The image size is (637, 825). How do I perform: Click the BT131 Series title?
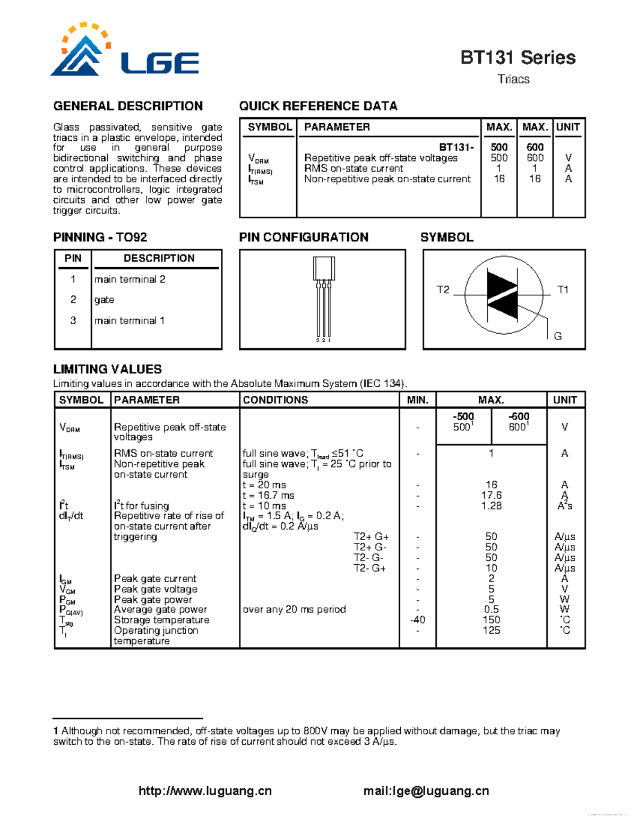tap(518, 57)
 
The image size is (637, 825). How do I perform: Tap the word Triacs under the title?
tap(513, 79)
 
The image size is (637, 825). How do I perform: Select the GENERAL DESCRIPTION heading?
tap(128, 106)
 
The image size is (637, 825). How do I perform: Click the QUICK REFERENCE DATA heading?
tap(318, 106)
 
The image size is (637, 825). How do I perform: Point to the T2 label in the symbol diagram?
tap(443, 290)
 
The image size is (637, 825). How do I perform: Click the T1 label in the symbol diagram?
tap(563, 290)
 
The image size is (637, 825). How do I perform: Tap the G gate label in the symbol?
tap(557, 336)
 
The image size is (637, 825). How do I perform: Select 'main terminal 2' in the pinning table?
tap(130, 279)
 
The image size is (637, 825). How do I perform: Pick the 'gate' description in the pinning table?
tap(104, 300)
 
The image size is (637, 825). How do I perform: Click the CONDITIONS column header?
tap(275, 400)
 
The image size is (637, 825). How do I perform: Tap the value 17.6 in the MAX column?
tap(491, 495)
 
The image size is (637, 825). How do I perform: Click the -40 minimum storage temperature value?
tap(417, 620)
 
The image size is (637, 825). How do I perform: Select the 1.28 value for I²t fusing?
tap(491, 506)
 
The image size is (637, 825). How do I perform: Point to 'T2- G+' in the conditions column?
tap(369, 568)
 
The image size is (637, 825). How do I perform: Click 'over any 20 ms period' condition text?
tap(294, 609)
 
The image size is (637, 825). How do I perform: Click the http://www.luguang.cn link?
tap(205, 791)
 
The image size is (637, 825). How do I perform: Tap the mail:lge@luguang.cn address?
tap(426, 791)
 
